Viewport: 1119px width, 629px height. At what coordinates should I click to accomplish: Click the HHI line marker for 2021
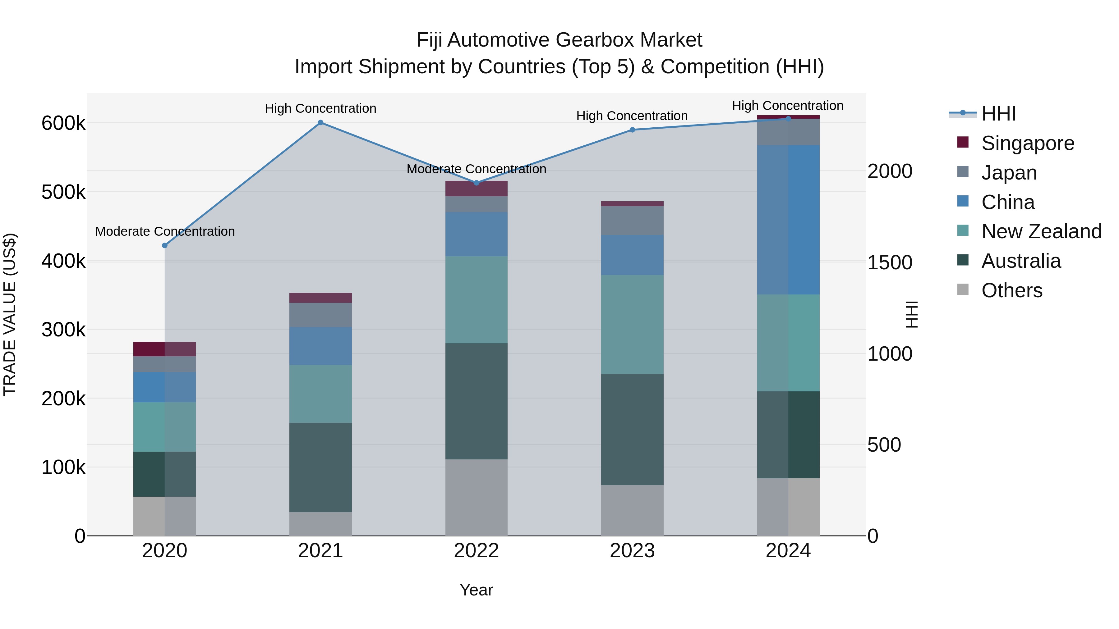pyautogui.click(x=320, y=123)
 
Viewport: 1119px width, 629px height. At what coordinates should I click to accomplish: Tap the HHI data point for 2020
pyautogui.click(x=165, y=246)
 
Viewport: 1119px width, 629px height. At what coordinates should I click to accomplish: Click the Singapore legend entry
pyautogui.click(x=1027, y=143)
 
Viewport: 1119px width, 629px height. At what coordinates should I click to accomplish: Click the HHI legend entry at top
pyautogui.click(x=998, y=114)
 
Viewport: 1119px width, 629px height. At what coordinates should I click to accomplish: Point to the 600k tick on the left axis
pyautogui.click(x=63, y=124)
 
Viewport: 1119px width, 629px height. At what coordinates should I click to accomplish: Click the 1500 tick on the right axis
pyautogui.click(x=890, y=262)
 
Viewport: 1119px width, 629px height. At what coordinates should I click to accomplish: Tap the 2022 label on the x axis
pyautogui.click(x=476, y=551)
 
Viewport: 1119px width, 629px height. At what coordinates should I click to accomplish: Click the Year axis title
pyautogui.click(x=476, y=590)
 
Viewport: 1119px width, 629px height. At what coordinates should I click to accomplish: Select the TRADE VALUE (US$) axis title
pyautogui.click(x=10, y=314)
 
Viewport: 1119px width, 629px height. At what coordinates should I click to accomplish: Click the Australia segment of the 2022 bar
pyautogui.click(x=476, y=401)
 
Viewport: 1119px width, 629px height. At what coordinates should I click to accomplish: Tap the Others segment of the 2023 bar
pyautogui.click(x=632, y=510)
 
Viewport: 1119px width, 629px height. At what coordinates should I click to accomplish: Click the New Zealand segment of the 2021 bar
pyautogui.click(x=320, y=394)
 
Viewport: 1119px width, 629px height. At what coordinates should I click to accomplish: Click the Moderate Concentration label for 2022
pyautogui.click(x=476, y=169)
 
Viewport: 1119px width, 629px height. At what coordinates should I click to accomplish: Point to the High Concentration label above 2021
pyautogui.click(x=320, y=108)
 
